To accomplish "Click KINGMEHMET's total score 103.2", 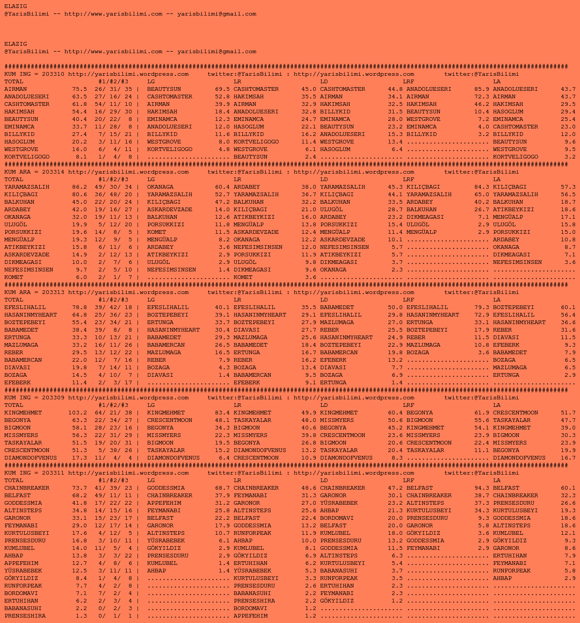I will [77, 413].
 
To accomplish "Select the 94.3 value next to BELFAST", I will [482, 488].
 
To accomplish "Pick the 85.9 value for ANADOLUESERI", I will [482, 89].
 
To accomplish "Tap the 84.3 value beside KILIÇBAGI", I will [482, 187].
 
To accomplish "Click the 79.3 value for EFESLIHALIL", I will [482, 307].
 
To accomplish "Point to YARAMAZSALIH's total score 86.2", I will [79, 187].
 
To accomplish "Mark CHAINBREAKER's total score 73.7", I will [79, 488].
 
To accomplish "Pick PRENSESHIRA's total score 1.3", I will [81, 616].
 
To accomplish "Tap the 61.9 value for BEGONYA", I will [482, 413].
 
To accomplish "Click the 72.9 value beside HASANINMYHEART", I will [482, 315].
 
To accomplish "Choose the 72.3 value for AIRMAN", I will [482, 97].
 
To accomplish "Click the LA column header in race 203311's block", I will [497, 481].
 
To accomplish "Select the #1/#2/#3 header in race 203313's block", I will [113, 300].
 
